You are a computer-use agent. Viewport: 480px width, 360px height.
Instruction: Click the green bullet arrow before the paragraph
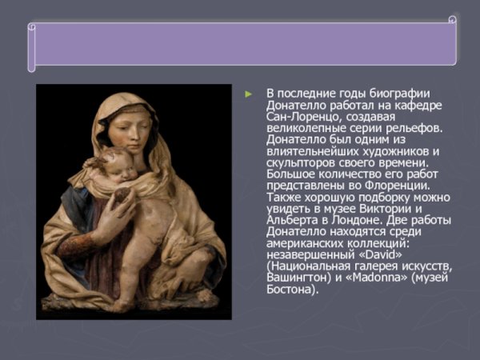(250, 94)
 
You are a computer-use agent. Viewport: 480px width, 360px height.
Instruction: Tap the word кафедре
(418, 106)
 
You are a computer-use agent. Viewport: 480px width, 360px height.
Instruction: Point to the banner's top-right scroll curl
(452, 18)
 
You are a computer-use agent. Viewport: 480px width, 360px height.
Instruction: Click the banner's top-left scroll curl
(31, 26)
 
